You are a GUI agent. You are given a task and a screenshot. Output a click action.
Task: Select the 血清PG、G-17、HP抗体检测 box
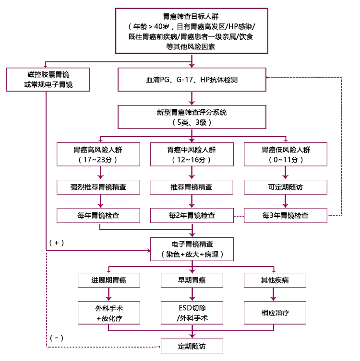pos(192,80)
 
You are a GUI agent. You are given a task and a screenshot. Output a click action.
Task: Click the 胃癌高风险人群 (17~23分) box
pos(98,153)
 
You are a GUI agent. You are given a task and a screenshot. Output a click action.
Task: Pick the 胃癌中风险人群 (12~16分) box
pos(192,153)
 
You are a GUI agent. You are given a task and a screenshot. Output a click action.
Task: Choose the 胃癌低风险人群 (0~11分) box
pos(286,153)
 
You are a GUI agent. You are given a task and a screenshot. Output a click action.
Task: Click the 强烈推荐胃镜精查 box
pos(98,186)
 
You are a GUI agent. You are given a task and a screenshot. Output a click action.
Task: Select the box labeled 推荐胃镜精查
pos(192,186)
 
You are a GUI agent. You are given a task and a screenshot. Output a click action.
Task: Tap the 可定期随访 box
pos(286,186)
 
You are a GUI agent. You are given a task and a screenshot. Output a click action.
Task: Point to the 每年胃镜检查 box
pos(98,215)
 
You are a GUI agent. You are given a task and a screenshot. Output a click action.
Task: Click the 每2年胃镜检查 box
pos(192,215)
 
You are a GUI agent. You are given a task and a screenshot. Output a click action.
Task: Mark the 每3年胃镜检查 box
pos(286,215)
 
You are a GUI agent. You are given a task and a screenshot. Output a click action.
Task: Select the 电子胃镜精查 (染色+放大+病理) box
pos(192,249)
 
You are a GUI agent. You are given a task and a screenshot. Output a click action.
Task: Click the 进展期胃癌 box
pos(109,279)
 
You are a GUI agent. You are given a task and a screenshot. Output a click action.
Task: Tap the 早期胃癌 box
pos(192,279)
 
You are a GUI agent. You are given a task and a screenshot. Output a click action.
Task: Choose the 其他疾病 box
pos(276,279)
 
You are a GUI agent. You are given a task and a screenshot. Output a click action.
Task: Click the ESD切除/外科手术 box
pos(192,312)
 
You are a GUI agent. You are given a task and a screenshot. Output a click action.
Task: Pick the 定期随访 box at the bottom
pos(192,346)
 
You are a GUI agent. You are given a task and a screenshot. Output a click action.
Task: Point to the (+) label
pos(57,243)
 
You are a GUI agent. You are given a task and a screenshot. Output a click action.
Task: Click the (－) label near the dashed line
pos(57,338)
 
